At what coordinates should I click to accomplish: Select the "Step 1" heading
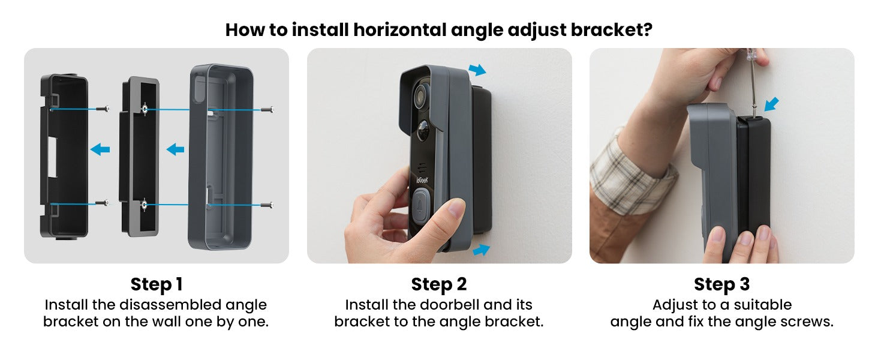(157, 284)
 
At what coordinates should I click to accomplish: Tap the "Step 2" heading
(439, 284)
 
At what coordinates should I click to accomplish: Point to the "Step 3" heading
(721, 284)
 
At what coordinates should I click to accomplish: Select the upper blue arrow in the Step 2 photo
(477, 71)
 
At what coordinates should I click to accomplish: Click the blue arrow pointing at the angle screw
(773, 104)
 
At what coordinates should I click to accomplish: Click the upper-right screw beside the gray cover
(268, 109)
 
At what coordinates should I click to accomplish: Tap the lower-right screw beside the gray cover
(268, 205)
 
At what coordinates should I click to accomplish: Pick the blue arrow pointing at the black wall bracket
(100, 149)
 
